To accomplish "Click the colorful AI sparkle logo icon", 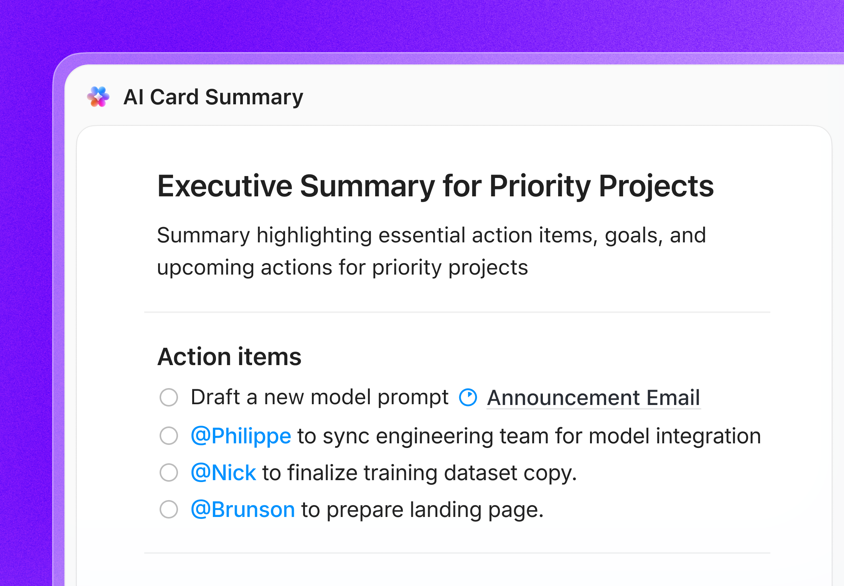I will pos(98,97).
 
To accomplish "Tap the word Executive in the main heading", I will pos(225,186).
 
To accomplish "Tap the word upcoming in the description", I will pos(205,268).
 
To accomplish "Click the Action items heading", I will pos(229,357).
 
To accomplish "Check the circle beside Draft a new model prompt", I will pos(169,397).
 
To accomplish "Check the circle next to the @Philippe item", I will pos(169,436).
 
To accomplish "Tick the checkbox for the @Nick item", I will pos(169,472).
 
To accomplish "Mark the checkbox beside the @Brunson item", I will pos(169,509).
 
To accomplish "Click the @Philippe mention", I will pos(241,436).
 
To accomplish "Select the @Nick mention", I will pos(223,473).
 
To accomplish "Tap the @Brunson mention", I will pos(243,510).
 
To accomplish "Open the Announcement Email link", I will pos(593,398).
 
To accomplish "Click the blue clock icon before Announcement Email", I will pos(468,397).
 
